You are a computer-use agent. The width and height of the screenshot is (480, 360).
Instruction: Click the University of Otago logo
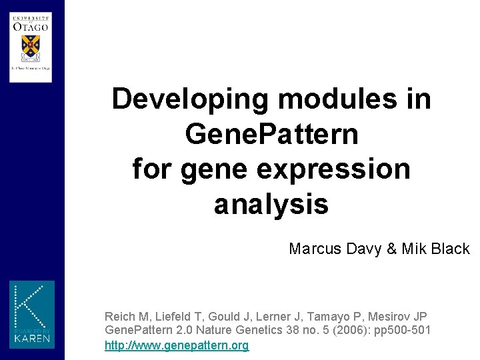[31, 42]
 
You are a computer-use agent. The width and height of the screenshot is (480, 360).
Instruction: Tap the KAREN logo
[32, 314]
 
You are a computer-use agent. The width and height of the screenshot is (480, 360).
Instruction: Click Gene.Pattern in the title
[271, 135]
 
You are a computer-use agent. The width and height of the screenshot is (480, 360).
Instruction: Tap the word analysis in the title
[271, 204]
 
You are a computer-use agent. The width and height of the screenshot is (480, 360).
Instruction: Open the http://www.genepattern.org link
[177, 345]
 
